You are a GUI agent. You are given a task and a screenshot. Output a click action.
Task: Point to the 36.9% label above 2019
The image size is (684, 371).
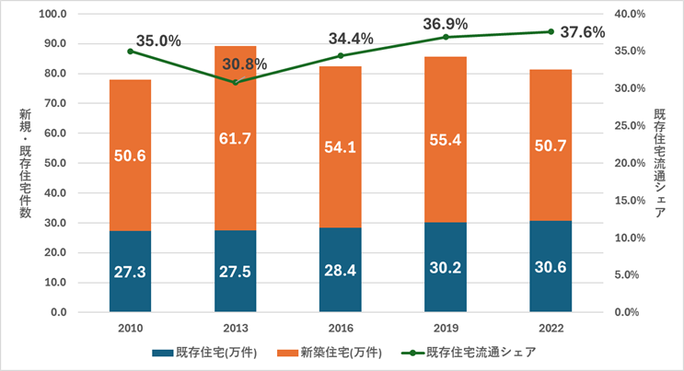click(445, 23)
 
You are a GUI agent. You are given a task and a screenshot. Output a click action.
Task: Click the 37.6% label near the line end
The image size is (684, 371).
click(582, 32)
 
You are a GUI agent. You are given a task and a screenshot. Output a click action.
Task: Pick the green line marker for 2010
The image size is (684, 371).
click(130, 52)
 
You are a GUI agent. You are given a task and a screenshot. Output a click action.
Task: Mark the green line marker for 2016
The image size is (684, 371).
click(340, 56)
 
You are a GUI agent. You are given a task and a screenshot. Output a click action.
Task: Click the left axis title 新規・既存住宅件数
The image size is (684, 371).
click(24, 164)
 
